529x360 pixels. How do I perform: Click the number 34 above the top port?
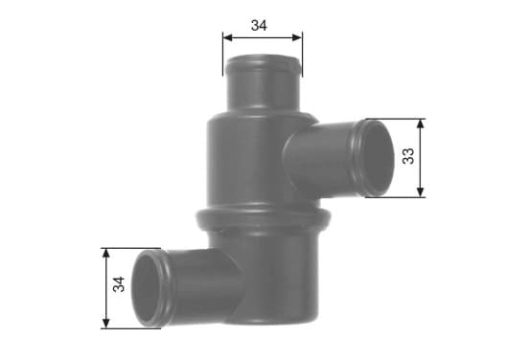(x=259, y=25)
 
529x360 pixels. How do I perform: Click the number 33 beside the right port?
(x=408, y=156)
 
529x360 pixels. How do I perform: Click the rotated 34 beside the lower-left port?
(x=119, y=284)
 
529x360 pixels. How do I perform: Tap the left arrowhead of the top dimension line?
(x=228, y=37)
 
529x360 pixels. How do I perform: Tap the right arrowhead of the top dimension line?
(x=297, y=37)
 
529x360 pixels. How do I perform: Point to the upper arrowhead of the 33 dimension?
(x=420, y=124)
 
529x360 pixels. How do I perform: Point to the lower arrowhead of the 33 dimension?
(x=420, y=191)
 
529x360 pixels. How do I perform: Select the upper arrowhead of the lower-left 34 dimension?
(x=106, y=254)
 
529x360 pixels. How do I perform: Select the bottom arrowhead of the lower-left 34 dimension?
(x=106, y=323)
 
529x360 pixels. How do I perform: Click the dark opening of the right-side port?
(x=379, y=158)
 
